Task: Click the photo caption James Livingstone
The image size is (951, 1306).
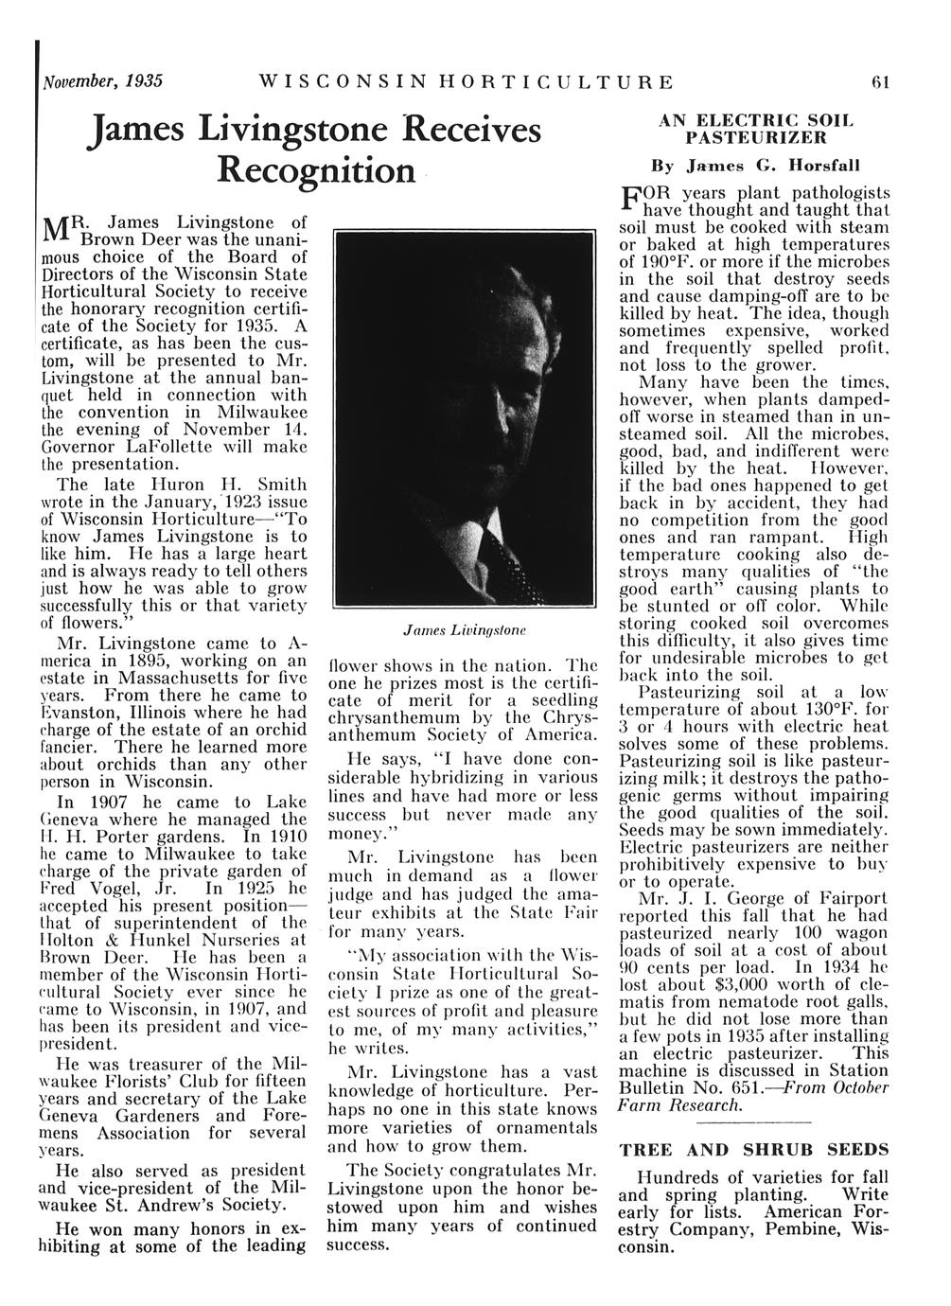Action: pos(464,628)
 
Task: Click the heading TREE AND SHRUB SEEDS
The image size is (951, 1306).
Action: pos(753,1151)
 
